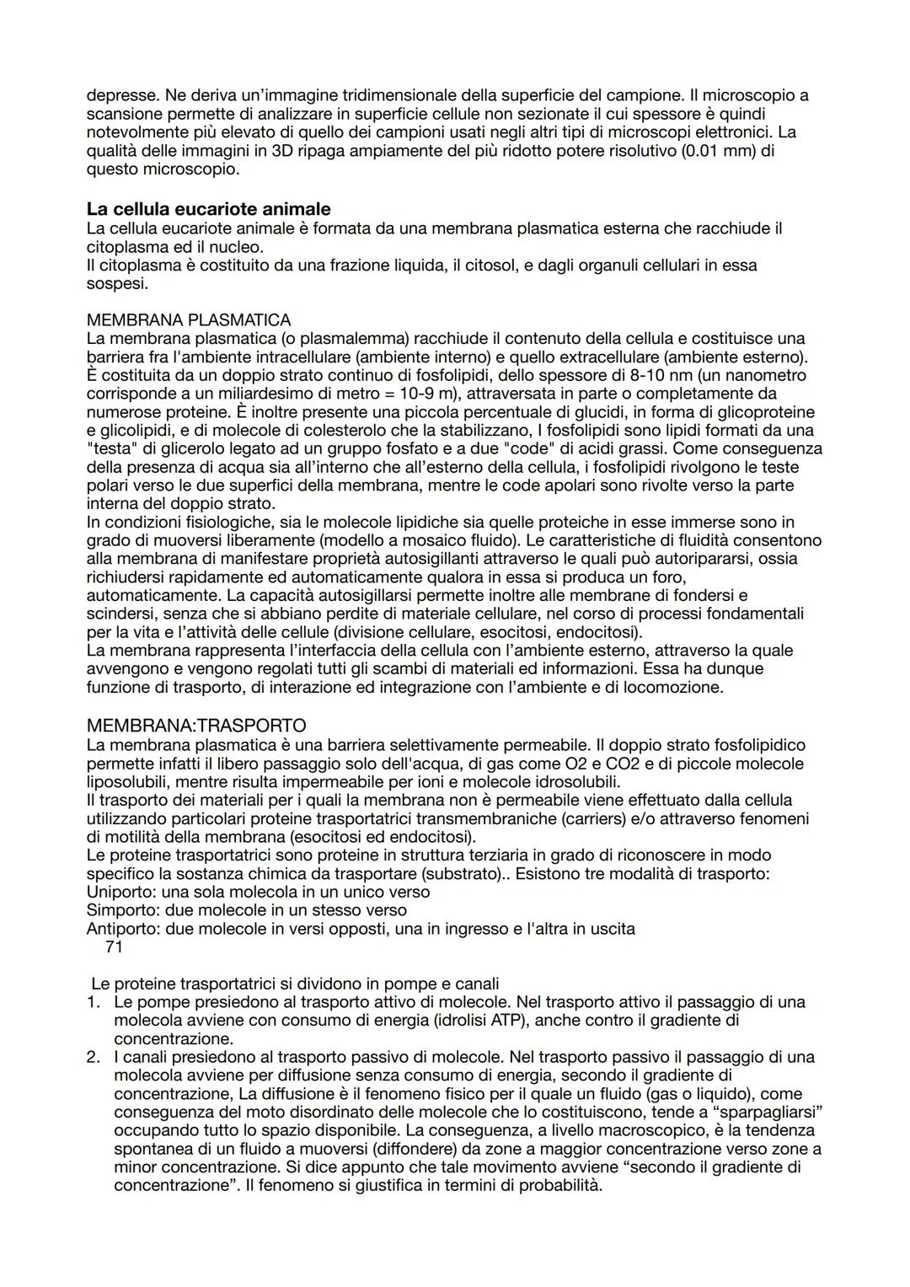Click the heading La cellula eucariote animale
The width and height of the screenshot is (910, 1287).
coord(208,209)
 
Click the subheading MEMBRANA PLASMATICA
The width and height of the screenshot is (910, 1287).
coord(189,320)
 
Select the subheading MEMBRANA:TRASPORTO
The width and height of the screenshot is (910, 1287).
coord(195,726)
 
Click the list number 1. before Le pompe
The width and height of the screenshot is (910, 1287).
coord(94,1002)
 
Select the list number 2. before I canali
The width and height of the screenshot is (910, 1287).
coord(94,1057)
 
